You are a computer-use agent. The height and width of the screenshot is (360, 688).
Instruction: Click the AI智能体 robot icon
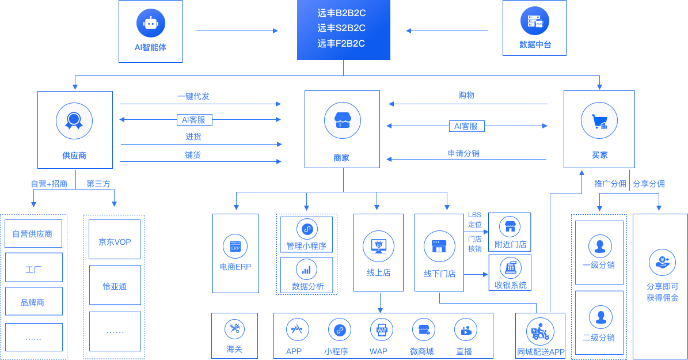click(x=151, y=23)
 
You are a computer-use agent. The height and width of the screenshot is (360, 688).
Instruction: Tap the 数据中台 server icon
click(x=535, y=22)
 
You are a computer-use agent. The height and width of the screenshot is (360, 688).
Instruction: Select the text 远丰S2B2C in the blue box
click(x=341, y=28)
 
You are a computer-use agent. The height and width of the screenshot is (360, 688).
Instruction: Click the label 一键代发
click(x=193, y=96)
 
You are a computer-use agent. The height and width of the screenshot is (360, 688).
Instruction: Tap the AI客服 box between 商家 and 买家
click(x=466, y=126)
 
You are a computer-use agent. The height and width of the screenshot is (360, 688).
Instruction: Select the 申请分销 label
click(x=463, y=153)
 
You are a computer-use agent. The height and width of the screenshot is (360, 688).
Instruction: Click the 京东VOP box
click(x=115, y=242)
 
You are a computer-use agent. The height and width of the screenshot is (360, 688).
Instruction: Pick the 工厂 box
click(x=33, y=268)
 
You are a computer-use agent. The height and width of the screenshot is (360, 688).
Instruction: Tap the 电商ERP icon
click(x=235, y=247)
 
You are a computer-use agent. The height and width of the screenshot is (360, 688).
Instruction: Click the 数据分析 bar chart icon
click(x=307, y=269)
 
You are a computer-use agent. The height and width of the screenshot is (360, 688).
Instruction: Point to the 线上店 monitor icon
click(x=379, y=247)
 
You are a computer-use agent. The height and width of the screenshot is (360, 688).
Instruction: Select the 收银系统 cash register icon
click(x=510, y=267)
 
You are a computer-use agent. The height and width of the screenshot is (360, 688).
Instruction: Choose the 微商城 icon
click(x=423, y=330)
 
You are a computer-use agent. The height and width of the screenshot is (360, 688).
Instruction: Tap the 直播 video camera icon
click(x=465, y=330)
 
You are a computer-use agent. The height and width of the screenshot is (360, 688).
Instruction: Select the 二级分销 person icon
click(x=600, y=317)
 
